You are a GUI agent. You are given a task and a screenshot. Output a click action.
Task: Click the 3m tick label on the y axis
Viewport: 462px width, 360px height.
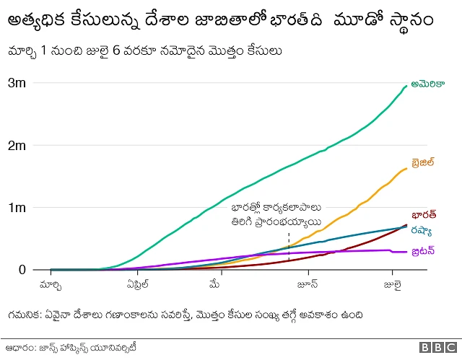[x=17, y=83]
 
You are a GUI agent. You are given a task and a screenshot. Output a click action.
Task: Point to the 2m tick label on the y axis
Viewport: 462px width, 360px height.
[x=17, y=146]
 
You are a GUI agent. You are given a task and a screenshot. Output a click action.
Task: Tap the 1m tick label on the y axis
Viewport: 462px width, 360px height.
[x=17, y=208]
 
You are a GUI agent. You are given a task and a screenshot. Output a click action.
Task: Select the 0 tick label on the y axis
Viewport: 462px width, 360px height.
[x=22, y=270]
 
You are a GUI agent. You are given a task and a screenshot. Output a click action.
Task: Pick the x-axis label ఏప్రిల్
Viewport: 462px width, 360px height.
[x=135, y=284]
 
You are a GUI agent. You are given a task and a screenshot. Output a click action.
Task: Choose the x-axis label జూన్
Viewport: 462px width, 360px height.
[x=309, y=284]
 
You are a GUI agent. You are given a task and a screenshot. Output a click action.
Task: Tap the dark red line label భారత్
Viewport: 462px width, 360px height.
[x=423, y=215]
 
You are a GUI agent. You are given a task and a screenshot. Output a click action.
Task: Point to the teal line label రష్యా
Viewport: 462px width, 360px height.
[x=422, y=232]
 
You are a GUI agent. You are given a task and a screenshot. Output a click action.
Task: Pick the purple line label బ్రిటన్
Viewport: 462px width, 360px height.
[x=424, y=251]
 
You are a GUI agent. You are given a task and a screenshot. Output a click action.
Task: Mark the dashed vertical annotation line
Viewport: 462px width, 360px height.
[x=289, y=243]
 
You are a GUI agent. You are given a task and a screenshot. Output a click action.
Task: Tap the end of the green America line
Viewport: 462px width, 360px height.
[x=406, y=86]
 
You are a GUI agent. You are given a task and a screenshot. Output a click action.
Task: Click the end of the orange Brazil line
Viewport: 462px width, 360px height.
[x=406, y=169]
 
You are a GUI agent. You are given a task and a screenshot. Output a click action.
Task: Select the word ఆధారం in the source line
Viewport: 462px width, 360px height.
[x=19, y=347]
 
